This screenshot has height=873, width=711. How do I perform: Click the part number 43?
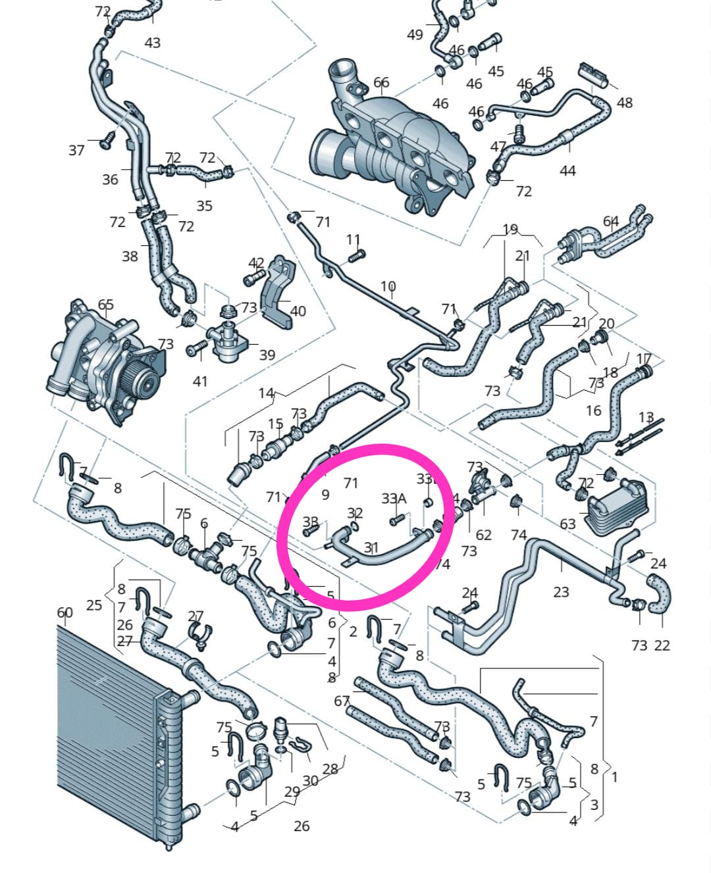[152, 43]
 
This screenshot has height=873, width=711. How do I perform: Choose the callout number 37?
[76, 150]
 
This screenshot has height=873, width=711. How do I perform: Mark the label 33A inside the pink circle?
[394, 499]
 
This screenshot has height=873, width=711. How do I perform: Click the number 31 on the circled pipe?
[371, 547]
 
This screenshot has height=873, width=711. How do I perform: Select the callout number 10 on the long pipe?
[388, 287]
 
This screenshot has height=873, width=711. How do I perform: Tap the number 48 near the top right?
[624, 103]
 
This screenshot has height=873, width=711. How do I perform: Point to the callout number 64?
[611, 222]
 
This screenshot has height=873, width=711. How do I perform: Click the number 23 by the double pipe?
[561, 591]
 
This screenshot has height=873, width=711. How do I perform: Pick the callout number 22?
[662, 645]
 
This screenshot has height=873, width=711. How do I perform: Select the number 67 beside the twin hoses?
[341, 701]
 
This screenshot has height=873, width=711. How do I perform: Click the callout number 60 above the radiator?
[65, 612]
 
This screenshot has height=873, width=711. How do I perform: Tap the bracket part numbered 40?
[280, 296]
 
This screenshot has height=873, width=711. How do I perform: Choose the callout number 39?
[267, 355]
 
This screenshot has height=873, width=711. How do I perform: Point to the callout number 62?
[483, 535]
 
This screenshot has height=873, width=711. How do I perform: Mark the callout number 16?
[593, 411]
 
